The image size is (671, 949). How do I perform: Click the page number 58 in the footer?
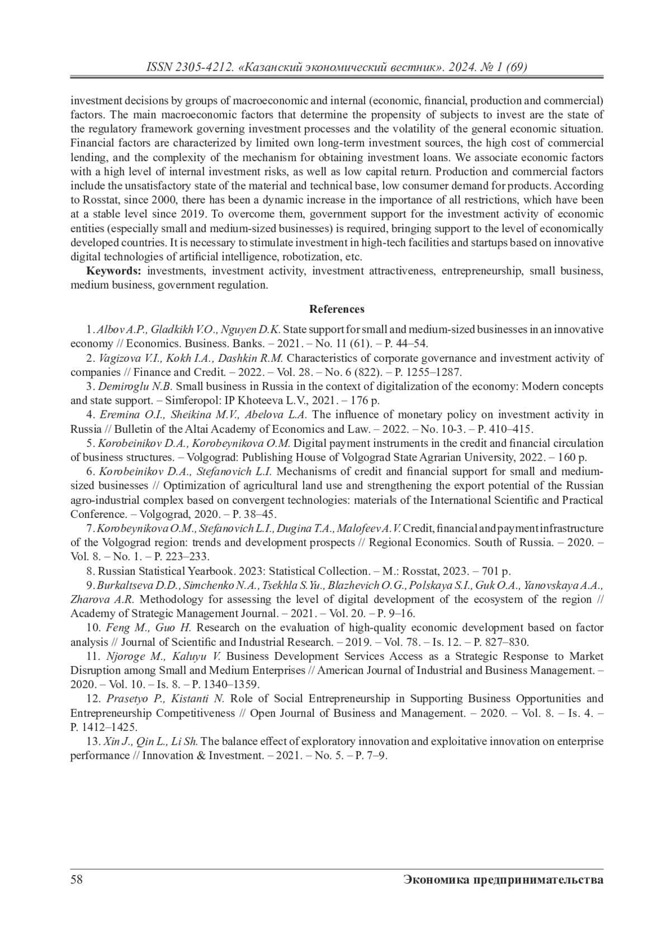77,880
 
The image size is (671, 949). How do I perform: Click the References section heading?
337,309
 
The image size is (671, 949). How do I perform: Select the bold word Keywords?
113,271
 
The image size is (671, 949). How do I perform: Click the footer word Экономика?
437,880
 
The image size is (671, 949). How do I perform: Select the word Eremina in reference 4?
116,415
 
